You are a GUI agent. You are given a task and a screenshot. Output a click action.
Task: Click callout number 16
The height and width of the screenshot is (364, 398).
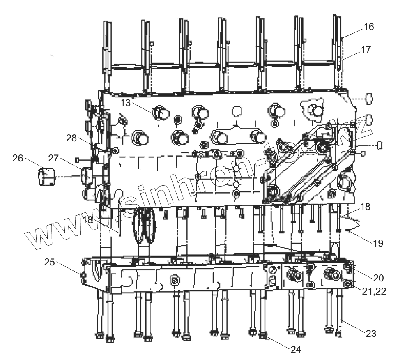point(368,27)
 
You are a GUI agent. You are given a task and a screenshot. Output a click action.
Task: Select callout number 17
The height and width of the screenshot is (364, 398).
point(366,50)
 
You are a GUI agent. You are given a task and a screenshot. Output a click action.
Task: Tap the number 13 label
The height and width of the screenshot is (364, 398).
point(126,103)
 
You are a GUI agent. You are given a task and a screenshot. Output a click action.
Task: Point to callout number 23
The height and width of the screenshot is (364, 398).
point(371,334)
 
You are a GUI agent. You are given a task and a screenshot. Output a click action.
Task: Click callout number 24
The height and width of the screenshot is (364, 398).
point(296,350)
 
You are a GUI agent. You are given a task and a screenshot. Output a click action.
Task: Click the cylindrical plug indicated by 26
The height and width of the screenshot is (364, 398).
point(46,177)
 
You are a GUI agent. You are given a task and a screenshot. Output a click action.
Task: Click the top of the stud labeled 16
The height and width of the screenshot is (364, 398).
point(337,18)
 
